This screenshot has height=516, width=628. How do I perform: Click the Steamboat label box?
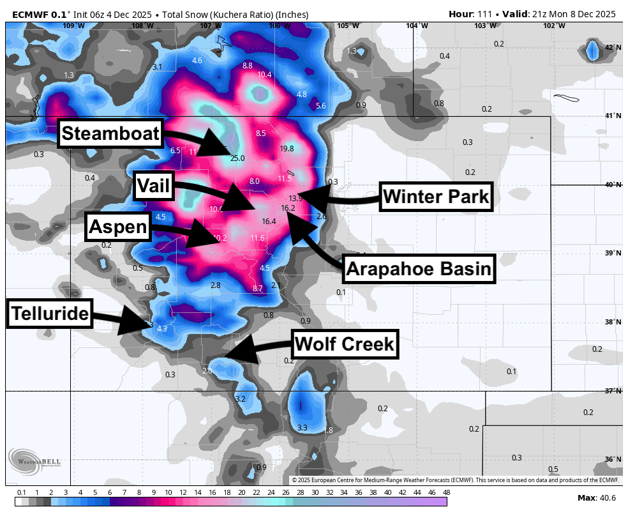tap(110, 134)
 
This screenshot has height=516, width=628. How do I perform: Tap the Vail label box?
tap(154, 186)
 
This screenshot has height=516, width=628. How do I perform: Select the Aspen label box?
tap(118, 226)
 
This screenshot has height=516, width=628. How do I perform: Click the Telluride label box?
tap(49, 313)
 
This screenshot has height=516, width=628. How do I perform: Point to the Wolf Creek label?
tap(345, 345)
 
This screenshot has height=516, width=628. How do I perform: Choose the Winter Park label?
tap(437, 197)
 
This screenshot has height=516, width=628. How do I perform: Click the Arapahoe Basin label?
tap(419, 268)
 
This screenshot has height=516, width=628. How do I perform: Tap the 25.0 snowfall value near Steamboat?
tap(237, 158)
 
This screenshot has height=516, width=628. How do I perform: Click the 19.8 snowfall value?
tap(287, 148)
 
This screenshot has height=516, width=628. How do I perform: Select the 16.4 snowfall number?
tap(269, 222)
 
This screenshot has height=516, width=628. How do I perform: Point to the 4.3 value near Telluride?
tap(161, 329)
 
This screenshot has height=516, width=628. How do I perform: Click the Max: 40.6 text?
tap(596, 497)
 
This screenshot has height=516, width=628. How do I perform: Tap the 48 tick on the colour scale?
tap(446, 492)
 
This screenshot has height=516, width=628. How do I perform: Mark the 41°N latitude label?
tap(613, 116)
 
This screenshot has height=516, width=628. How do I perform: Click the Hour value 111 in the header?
tap(484, 14)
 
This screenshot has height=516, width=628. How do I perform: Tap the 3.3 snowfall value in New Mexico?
tap(303, 427)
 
